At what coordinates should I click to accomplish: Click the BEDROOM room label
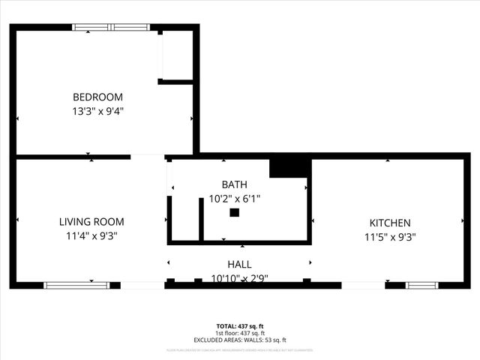[x=97, y=97]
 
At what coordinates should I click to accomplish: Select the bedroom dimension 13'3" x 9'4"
[x=97, y=111]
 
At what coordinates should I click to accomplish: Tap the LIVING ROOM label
[x=91, y=222]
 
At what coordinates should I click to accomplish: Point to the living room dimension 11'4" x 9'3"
[x=91, y=235]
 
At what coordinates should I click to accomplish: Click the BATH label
[x=234, y=184]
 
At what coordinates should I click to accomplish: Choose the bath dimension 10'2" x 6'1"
[x=234, y=199]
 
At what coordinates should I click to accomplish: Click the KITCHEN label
[x=389, y=223]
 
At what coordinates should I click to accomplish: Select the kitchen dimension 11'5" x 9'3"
[x=389, y=236]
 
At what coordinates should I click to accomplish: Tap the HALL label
[x=240, y=265]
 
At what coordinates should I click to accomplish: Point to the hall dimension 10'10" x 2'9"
[x=240, y=277]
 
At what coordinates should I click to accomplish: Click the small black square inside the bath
[x=234, y=213]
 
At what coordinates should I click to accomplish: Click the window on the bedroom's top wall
[x=110, y=28]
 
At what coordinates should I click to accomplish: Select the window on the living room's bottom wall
[x=76, y=285]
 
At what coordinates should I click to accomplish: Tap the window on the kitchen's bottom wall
[x=421, y=285]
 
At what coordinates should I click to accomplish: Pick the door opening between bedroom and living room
[x=148, y=157]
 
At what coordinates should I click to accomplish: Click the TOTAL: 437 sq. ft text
[x=240, y=326]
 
